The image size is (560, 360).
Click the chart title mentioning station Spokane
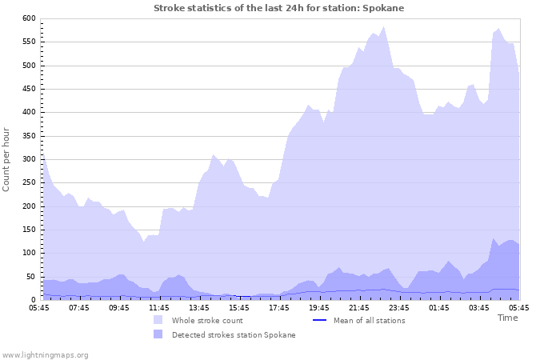pyautogui.click(x=279, y=8)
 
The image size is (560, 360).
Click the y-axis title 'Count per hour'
pyautogui.click(x=7, y=158)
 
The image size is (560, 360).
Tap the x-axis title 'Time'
pyautogui.click(x=507, y=318)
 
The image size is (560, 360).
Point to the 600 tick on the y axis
pyautogui.click(x=28, y=18)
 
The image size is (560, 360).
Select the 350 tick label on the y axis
pyautogui.click(x=28, y=136)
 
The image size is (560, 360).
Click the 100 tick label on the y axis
pyautogui.click(x=28, y=253)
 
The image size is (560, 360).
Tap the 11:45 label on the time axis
pyautogui.click(x=159, y=307)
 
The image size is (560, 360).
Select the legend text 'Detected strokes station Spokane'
pyautogui.click(x=234, y=335)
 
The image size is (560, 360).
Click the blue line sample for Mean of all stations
pyautogui.click(x=319, y=320)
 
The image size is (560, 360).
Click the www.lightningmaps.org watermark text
pyautogui.click(x=46, y=354)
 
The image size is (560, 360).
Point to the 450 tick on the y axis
pyautogui.click(x=28, y=89)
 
